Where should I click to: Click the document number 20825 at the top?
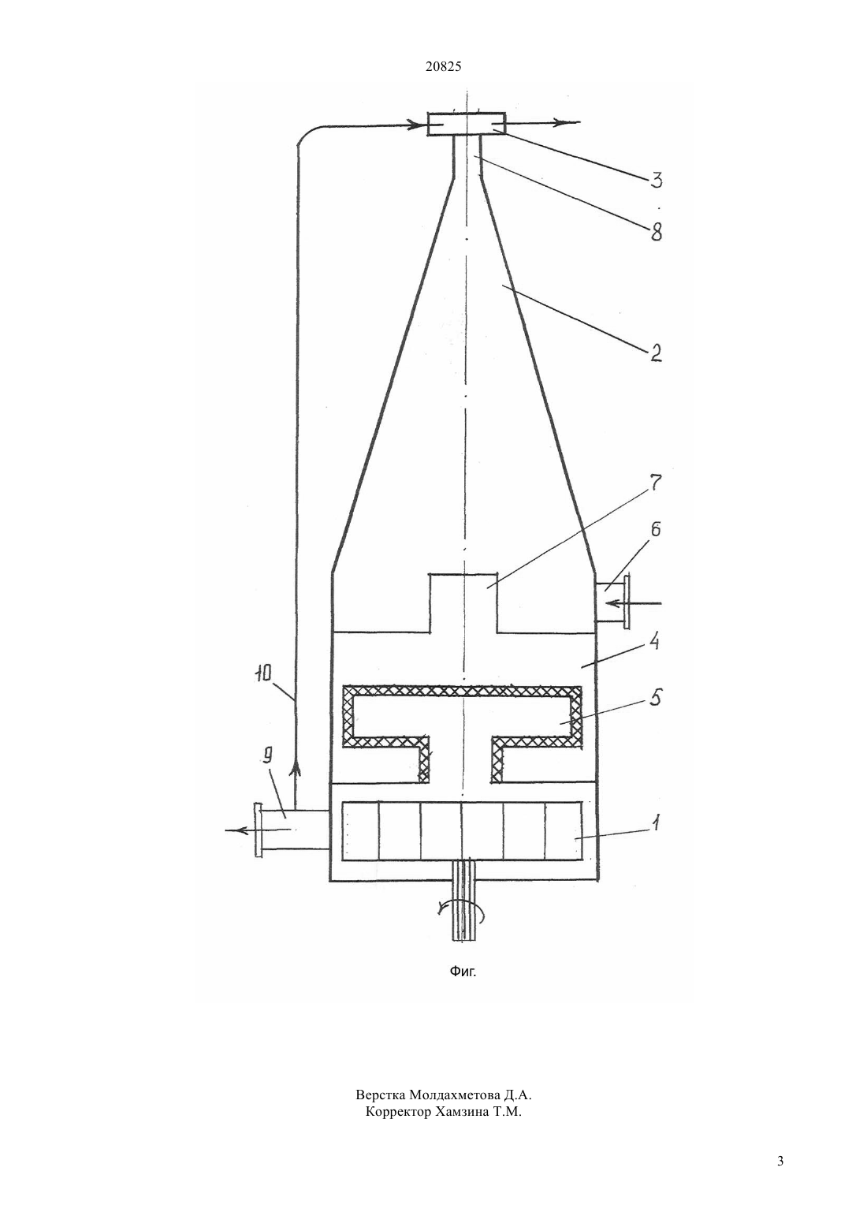click(443, 67)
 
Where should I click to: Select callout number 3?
click(656, 181)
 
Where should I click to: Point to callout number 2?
click(656, 352)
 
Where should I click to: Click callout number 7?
click(655, 484)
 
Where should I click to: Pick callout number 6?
click(656, 530)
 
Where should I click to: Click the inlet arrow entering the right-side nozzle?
click(635, 603)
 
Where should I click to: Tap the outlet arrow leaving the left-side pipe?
click(258, 830)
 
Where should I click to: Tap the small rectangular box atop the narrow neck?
click(466, 124)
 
